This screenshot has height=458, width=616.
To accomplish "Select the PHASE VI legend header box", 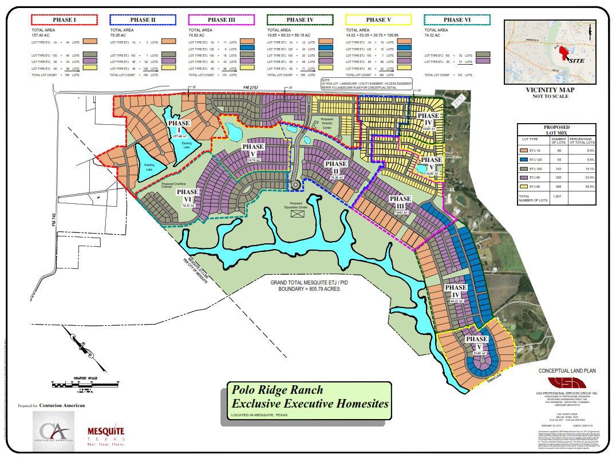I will (456, 20).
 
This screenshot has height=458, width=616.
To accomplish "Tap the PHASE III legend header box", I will (217, 20).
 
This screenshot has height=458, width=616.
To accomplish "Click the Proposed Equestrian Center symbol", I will (297, 214).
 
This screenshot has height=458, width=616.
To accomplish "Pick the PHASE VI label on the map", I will (187, 195).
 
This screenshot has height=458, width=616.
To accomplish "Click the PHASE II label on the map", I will (335, 167).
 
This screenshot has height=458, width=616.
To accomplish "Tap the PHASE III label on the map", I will (400, 202).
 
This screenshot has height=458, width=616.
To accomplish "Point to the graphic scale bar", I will (79, 384).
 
